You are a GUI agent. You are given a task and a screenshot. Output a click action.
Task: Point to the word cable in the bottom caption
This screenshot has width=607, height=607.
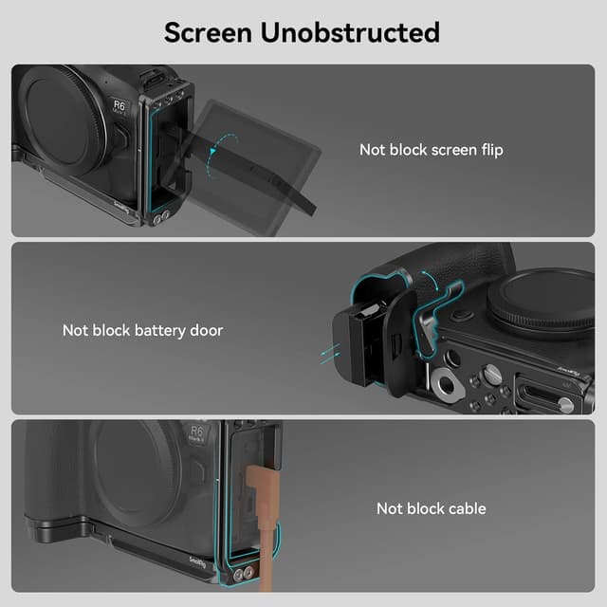[x=466, y=508]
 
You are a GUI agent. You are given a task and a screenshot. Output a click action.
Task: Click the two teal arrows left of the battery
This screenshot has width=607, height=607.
[x=327, y=354]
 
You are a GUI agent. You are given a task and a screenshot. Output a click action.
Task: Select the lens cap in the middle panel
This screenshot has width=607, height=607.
[x=545, y=302]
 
